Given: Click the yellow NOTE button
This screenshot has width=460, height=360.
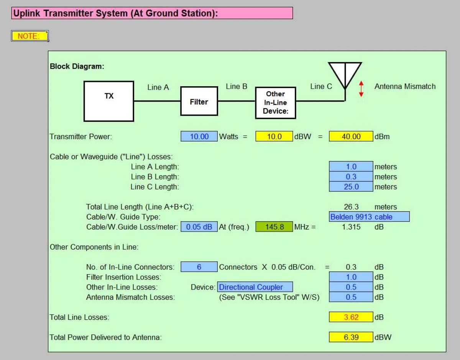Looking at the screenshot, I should click(30, 36).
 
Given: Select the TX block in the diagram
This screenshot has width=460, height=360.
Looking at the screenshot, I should click(109, 101).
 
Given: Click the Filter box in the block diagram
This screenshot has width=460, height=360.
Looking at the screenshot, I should click(199, 101).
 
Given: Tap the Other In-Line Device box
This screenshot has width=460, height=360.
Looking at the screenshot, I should click(275, 102).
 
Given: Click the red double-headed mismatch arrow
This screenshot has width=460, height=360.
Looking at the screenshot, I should click(361, 89).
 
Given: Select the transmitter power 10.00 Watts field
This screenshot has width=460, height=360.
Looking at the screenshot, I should click(199, 136).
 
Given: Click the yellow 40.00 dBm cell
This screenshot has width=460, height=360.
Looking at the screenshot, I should click(351, 136).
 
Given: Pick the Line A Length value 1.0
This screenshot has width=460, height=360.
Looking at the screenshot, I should click(351, 167).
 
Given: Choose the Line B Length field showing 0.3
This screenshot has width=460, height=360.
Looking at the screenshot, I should click(351, 177).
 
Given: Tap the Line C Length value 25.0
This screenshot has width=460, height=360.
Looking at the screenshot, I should click(351, 187).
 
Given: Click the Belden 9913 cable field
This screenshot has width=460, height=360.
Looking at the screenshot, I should click(369, 217).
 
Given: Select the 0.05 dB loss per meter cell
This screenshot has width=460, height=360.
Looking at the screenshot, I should click(199, 227).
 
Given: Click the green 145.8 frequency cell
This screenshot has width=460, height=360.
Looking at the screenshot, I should click(274, 227).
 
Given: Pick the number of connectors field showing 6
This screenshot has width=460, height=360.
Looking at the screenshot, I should click(199, 267).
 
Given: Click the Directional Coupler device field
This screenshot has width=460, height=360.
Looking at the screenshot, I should click(255, 287).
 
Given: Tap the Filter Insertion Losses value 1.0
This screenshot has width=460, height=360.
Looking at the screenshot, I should click(351, 277).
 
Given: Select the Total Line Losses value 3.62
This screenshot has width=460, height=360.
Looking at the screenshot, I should click(351, 317).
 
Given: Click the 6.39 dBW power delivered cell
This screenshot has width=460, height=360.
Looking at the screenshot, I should click(351, 337).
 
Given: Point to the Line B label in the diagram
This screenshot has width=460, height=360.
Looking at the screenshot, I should click(237, 86).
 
